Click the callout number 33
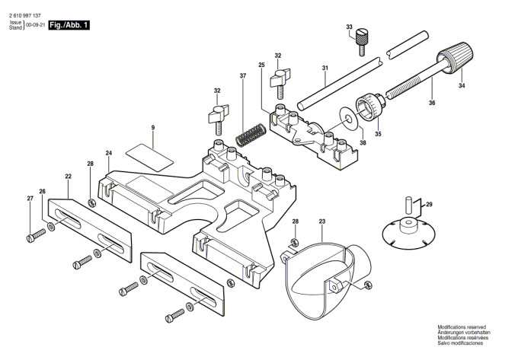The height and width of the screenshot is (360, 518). tap(349, 28)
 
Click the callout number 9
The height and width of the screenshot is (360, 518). tap(152, 129)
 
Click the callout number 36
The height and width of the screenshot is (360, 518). tap(432, 103)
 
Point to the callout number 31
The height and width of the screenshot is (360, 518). tap(325, 68)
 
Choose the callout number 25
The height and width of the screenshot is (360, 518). tap(261, 66)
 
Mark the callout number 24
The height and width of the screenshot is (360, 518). tap(109, 154)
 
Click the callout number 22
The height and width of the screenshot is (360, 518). tap(68, 177)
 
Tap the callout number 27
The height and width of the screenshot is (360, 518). tap(30, 199)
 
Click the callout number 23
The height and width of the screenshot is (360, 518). tap(322, 221)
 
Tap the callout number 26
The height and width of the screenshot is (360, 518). tap(43, 191)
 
